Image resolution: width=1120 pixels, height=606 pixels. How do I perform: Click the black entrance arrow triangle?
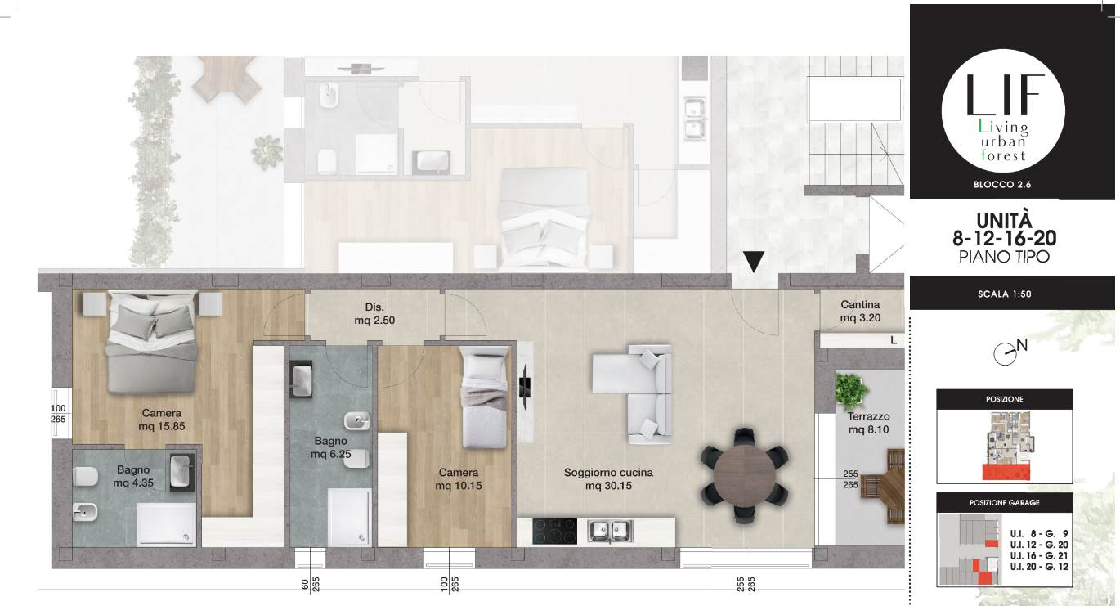pyautogui.click(x=754, y=261)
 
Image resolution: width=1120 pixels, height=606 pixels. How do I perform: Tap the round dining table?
pyautogui.click(x=744, y=475)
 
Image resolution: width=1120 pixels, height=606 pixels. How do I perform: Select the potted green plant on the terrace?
pyautogui.click(x=851, y=390)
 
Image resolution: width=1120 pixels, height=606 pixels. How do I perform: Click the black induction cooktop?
pyautogui.click(x=555, y=531)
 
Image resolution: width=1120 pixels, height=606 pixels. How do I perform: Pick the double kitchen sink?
pyautogui.click(x=610, y=531)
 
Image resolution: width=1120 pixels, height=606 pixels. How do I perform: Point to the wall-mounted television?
pyautogui.click(x=525, y=387)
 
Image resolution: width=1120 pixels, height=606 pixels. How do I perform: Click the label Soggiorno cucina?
pyautogui.click(x=608, y=473)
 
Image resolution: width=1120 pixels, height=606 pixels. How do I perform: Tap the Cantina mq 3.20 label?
pyautogui.click(x=860, y=311)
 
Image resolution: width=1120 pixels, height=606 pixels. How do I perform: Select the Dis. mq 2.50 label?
pyautogui.click(x=374, y=313)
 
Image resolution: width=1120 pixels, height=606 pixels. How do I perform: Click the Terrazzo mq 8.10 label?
pyautogui.click(x=868, y=423)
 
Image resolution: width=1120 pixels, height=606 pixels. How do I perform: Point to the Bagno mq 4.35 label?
pyautogui.click(x=133, y=477)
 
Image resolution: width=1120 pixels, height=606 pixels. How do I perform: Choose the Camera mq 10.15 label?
pyautogui.click(x=459, y=479)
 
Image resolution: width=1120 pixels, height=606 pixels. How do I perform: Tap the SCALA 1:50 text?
pyautogui.click(x=1005, y=294)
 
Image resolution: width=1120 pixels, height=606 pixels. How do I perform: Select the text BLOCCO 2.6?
pyautogui.click(x=1002, y=185)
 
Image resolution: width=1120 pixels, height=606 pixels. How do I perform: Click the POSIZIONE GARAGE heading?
pyautogui.click(x=1005, y=503)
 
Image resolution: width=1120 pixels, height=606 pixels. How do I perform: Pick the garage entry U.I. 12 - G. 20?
pyautogui.click(x=1039, y=545)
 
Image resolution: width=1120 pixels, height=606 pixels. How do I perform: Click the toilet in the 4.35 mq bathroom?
pyautogui.click(x=86, y=477)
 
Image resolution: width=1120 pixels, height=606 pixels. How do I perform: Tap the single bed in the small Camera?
pyautogui.click(x=484, y=398)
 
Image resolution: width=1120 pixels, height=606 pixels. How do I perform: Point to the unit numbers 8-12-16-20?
pyautogui.click(x=1005, y=238)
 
